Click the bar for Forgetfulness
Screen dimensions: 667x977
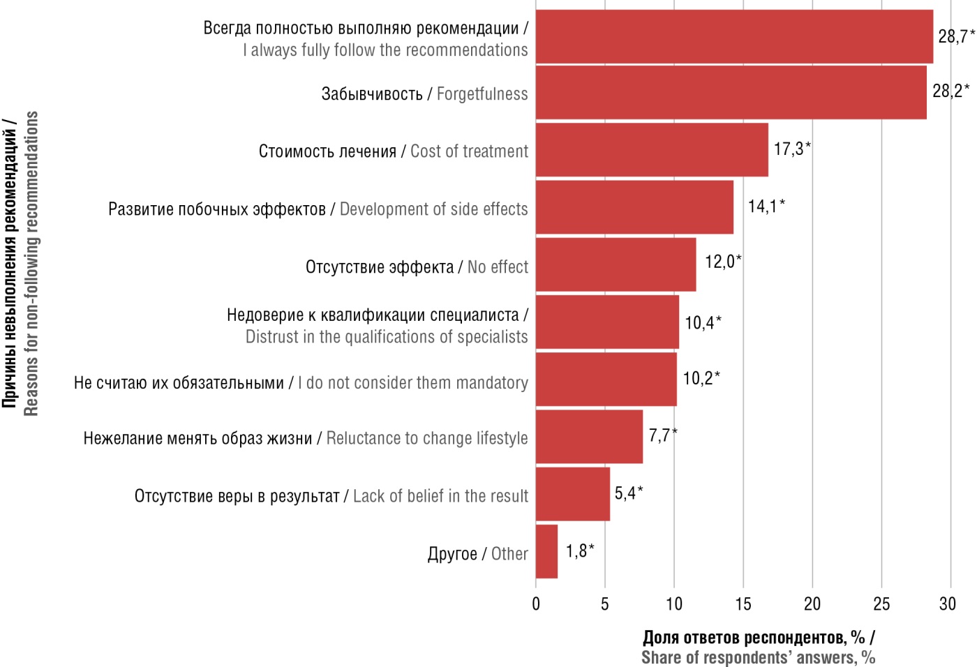click(x=731, y=93)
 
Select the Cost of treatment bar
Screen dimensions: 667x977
click(x=652, y=150)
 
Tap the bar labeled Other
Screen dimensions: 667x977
click(x=546, y=552)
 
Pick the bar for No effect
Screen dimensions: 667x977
click(x=616, y=265)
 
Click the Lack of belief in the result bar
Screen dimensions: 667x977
click(x=572, y=495)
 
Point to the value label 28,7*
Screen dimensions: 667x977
click(x=956, y=36)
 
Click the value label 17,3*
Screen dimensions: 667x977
click(x=792, y=149)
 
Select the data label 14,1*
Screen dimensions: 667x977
click(x=766, y=206)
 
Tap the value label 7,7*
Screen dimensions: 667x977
click(x=662, y=435)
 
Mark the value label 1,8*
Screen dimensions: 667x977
click(x=579, y=551)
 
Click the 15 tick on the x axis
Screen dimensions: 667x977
click(x=743, y=604)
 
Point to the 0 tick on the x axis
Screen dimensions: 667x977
click(x=536, y=604)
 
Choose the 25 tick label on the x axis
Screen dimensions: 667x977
click(x=881, y=604)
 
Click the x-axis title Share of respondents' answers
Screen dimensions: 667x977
click(x=758, y=658)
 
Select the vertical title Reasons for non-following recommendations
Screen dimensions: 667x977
click(x=31, y=264)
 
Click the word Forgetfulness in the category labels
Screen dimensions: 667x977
click(x=482, y=94)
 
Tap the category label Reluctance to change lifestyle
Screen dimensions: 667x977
click(x=427, y=439)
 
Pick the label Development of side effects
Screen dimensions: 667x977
click(x=433, y=209)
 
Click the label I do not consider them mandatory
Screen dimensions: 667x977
click(x=412, y=383)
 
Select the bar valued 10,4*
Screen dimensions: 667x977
click(x=607, y=322)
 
